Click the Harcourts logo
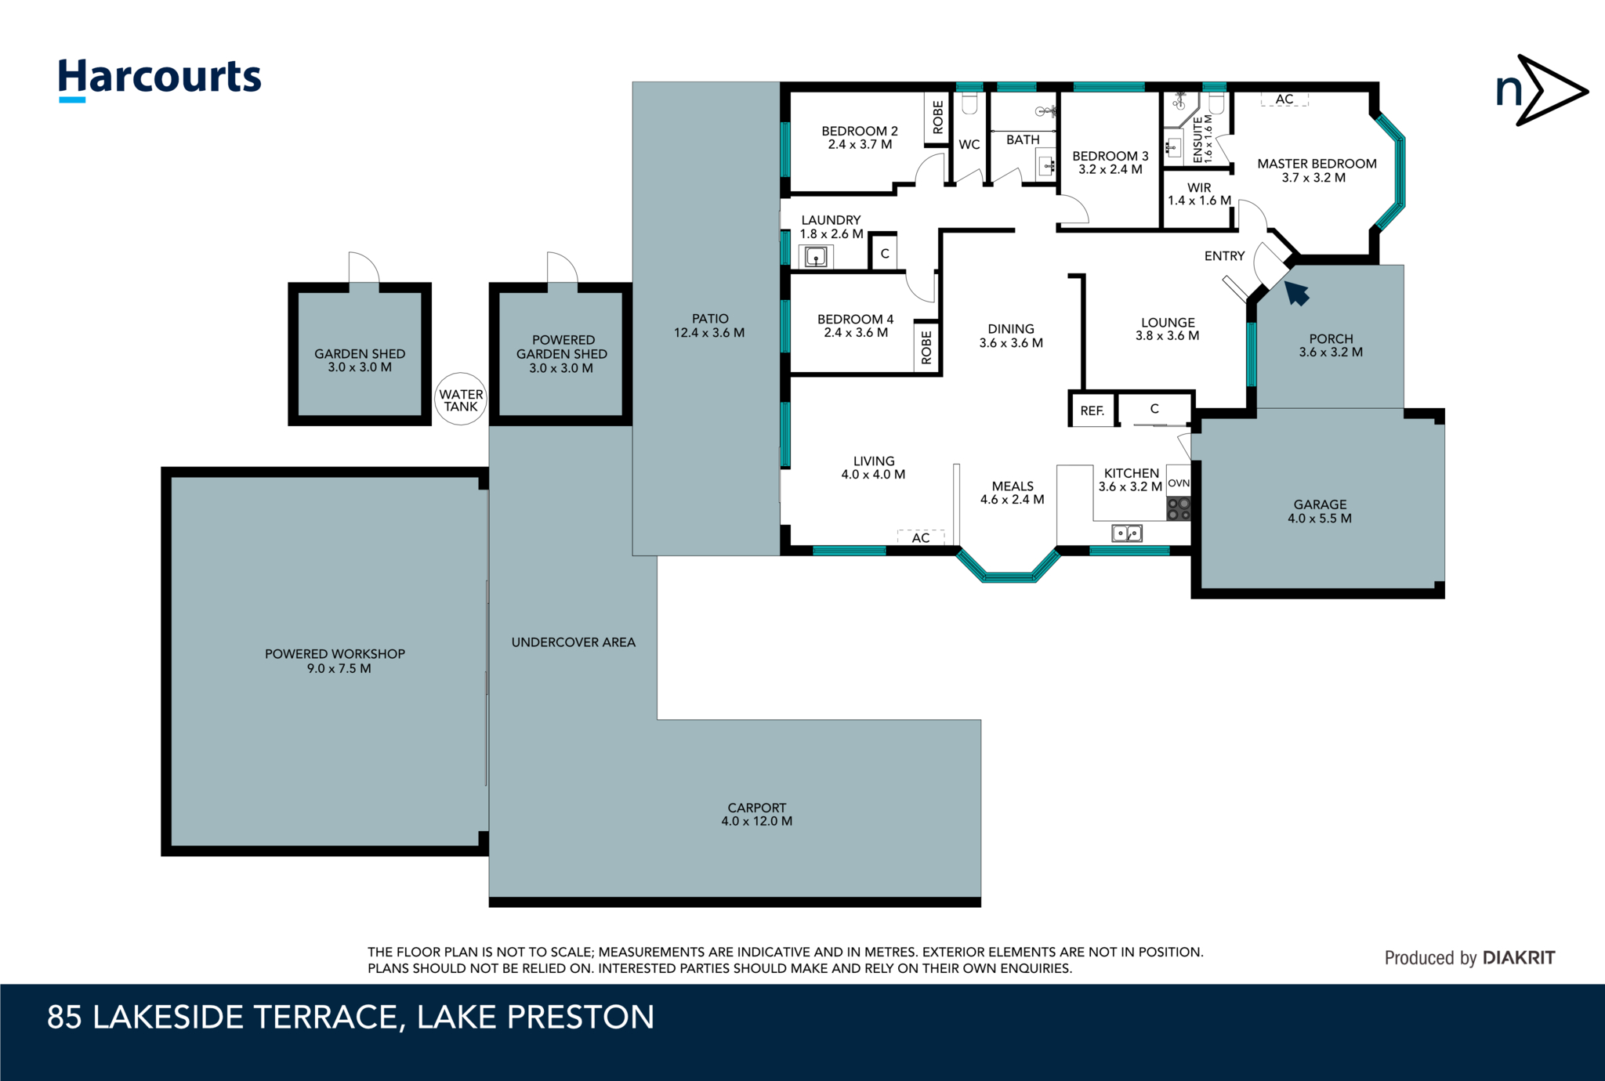point(159,78)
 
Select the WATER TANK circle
point(461,399)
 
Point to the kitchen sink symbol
point(1127,533)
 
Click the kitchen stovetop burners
point(1178,509)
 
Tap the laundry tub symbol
point(815,256)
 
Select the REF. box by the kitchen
point(1092,410)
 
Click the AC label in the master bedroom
point(1284,99)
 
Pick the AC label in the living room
point(920,537)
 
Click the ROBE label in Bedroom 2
point(938,117)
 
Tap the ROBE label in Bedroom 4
point(926,347)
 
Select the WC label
point(969,145)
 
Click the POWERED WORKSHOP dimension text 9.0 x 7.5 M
point(339,669)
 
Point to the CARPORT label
point(756,808)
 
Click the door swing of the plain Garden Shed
point(363,269)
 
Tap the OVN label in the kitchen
point(1178,483)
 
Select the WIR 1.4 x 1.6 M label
point(1198,194)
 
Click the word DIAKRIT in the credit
point(1518,957)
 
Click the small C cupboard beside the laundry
point(884,254)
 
